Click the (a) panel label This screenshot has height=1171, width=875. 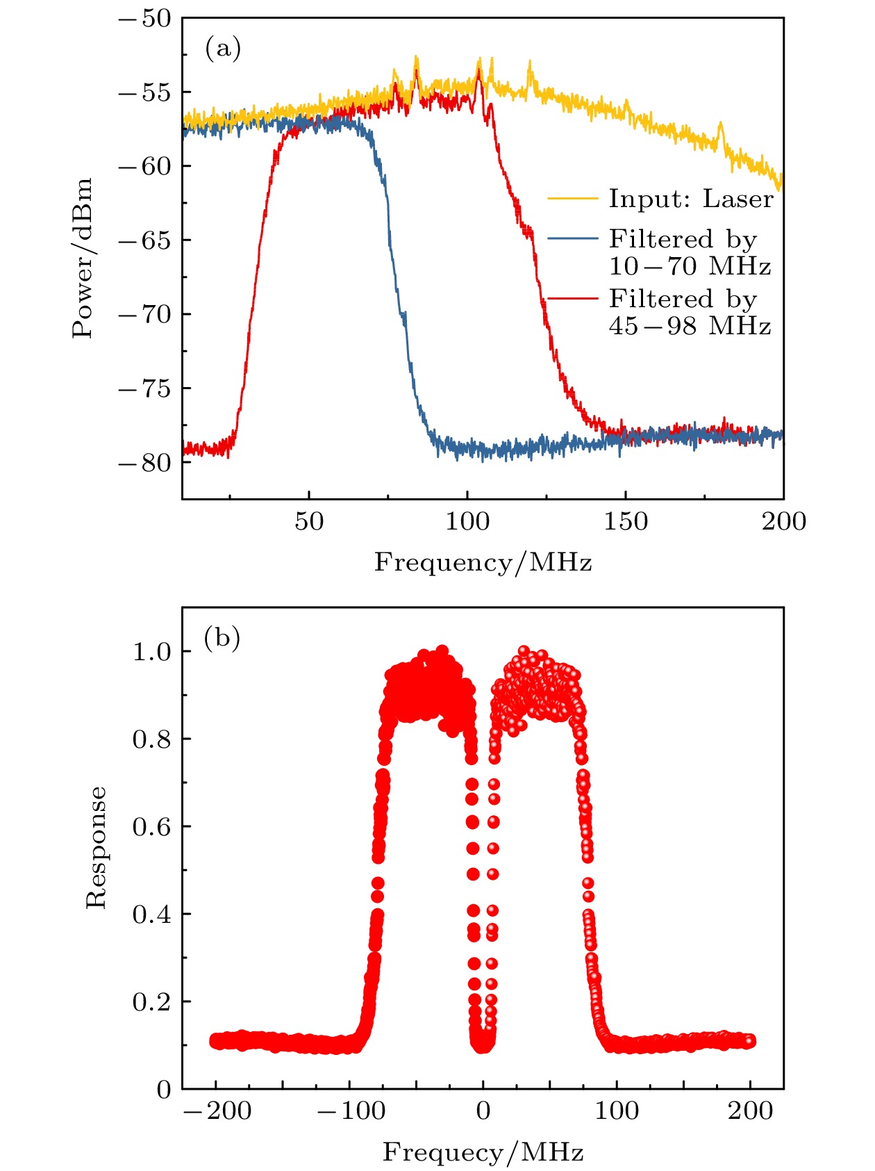pyautogui.click(x=223, y=49)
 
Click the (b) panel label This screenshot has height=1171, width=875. pyautogui.click(x=222, y=637)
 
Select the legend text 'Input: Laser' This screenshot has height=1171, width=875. pyautogui.click(x=690, y=199)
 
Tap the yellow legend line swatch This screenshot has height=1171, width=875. pyautogui.click(x=572, y=199)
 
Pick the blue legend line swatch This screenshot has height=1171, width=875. pyautogui.click(x=572, y=238)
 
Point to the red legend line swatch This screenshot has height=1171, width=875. pyautogui.click(x=572, y=298)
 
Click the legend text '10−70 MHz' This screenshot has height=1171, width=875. pyautogui.click(x=690, y=266)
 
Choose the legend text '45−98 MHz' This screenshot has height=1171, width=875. pyautogui.click(x=690, y=326)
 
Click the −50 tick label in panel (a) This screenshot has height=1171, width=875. pyautogui.click(x=144, y=19)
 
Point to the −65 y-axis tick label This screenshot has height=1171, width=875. pyautogui.click(x=144, y=240)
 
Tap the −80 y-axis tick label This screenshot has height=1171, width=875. pyautogui.click(x=144, y=463)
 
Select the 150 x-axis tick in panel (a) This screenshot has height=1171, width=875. pyautogui.click(x=625, y=521)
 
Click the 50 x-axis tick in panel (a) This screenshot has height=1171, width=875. pyautogui.click(x=308, y=521)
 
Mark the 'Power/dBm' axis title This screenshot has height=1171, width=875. pyautogui.click(x=83, y=258)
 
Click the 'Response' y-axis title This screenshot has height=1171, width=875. pyautogui.click(x=96, y=847)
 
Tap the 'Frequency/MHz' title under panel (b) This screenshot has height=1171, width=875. pyautogui.click(x=483, y=1152)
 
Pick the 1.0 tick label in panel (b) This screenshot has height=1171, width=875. pyautogui.click(x=151, y=651)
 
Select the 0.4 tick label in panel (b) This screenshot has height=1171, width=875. pyautogui.click(x=151, y=914)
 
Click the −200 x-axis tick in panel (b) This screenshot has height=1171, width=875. pyautogui.click(x=217, y=1111)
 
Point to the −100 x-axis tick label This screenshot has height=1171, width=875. pyautogui.click(x=351, y=1111)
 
